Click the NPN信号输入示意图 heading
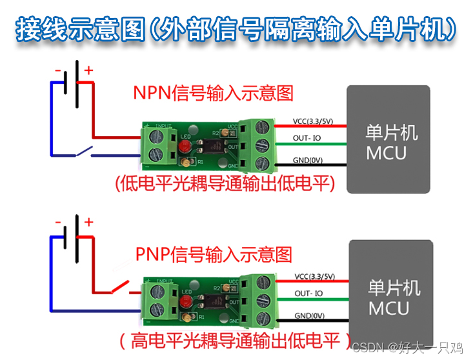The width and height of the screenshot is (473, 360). coord(213,93)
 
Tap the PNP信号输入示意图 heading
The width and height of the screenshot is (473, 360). coord(214,254)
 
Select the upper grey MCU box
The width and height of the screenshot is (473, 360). coord(388,139)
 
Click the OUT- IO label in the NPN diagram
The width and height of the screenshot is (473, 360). coord(307,138)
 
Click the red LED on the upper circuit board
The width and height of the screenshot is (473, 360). coord(185,148)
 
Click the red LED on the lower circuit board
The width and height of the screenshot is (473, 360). coord(186,305)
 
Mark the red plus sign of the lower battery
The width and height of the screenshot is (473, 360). coord(88,222)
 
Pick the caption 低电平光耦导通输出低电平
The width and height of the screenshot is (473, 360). coord(225,184)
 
